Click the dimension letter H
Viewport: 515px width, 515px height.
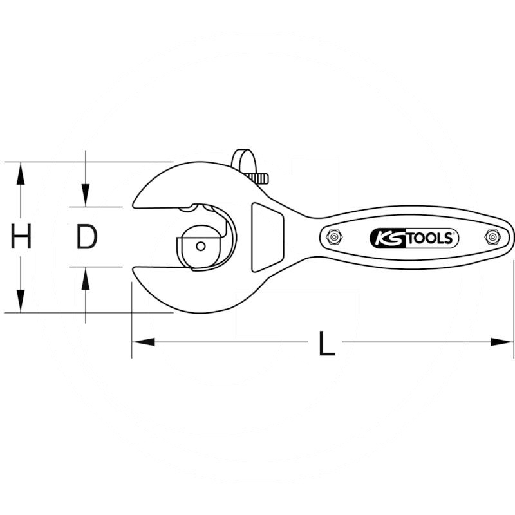point(21,236)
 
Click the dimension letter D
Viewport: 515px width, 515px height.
point(87,236)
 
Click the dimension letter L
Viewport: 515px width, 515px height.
point(326,343)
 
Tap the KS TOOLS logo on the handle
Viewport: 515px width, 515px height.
point(414,238)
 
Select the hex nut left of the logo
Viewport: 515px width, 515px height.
point(333,237)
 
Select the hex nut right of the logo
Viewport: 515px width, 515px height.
point(492,237)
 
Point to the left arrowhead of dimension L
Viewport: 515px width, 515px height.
point(143,342)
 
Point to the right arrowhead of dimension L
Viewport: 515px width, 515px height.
point(501,342)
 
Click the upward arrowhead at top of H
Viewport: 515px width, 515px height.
point(21,173)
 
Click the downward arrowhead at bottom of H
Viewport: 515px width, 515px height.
point(21,301)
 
